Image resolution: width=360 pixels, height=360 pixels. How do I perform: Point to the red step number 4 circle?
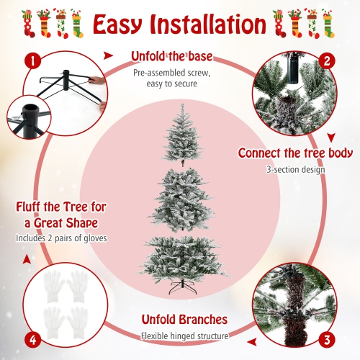click(31, 338)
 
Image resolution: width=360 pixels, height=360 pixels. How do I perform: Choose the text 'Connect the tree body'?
click(295, 153)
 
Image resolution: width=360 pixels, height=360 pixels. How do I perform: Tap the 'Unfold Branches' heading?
click(184, 319)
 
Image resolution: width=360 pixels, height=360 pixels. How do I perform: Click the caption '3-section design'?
click(295, 170)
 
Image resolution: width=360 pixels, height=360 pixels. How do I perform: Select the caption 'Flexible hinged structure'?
click(184, 336)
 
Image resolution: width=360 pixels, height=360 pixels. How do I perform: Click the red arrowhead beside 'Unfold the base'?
click(109, 54)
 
